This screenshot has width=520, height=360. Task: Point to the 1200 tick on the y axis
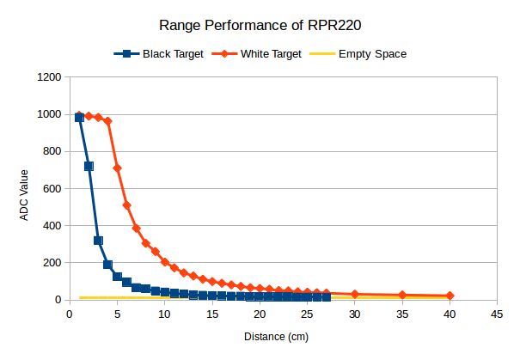(x=49, y=77)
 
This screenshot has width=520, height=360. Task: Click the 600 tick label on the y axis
(x=52, y=189)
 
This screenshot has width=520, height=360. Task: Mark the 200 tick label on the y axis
(x=52, y=263)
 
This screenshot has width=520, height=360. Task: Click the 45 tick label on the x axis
(x=497, y=314)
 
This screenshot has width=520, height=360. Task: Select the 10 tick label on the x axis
(x=164, y=314)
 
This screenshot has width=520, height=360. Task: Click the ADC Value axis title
(x=26, y=189)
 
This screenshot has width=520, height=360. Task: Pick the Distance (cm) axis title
(x=283, y=335)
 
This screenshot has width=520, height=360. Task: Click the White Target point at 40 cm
(x=450, y=296)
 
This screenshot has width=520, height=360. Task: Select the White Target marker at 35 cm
(x=402, y=295)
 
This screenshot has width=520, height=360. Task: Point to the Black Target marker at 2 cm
(x=89, y=166)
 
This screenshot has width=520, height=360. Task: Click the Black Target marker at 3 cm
(x=98, y=241)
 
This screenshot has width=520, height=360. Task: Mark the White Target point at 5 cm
(x=117, y=168)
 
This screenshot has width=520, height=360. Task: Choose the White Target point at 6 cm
(x=126, y=205)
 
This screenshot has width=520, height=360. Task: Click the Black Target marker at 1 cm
(x=79, y=117)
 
